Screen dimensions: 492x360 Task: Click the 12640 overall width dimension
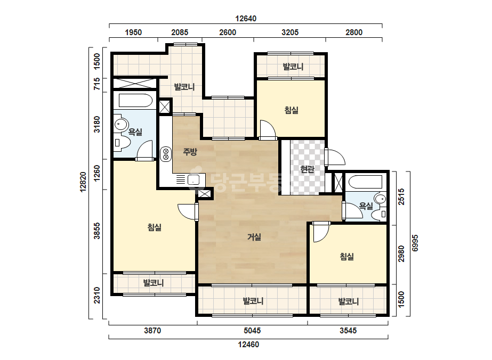click(x=246, y=19)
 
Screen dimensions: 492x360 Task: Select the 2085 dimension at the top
click(x=180, y=32)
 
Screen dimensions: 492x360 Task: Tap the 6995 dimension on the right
click(x=415, y=243)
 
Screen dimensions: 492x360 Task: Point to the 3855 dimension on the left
click(x=97, y=231)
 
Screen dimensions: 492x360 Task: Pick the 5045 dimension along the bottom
click(x=252, y=331)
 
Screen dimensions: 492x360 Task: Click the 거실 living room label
click(x=254, y=237)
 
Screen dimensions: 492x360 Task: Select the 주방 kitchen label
click(x=190, y=152)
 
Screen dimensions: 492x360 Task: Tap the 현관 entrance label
click(x=307, y=169)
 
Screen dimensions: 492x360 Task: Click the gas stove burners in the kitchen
click(x=166, y=154)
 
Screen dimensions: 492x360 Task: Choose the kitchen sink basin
click(x=193, y=180)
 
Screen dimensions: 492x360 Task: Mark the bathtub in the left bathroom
click(x=135, y=100)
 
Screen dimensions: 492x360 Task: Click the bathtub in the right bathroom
click(x=365, y=182)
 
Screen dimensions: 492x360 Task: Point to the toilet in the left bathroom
click(x=121, y=143)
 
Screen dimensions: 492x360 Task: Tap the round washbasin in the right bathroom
click(x=380, y=199)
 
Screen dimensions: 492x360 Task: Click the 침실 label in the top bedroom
click(x=292, y=110)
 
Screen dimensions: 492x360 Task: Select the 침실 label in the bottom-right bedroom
click(x=347, y=257)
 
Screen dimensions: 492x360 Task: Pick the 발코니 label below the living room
click(x=253, y=301)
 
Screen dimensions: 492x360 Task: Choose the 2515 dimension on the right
click(x=401, y=197)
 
